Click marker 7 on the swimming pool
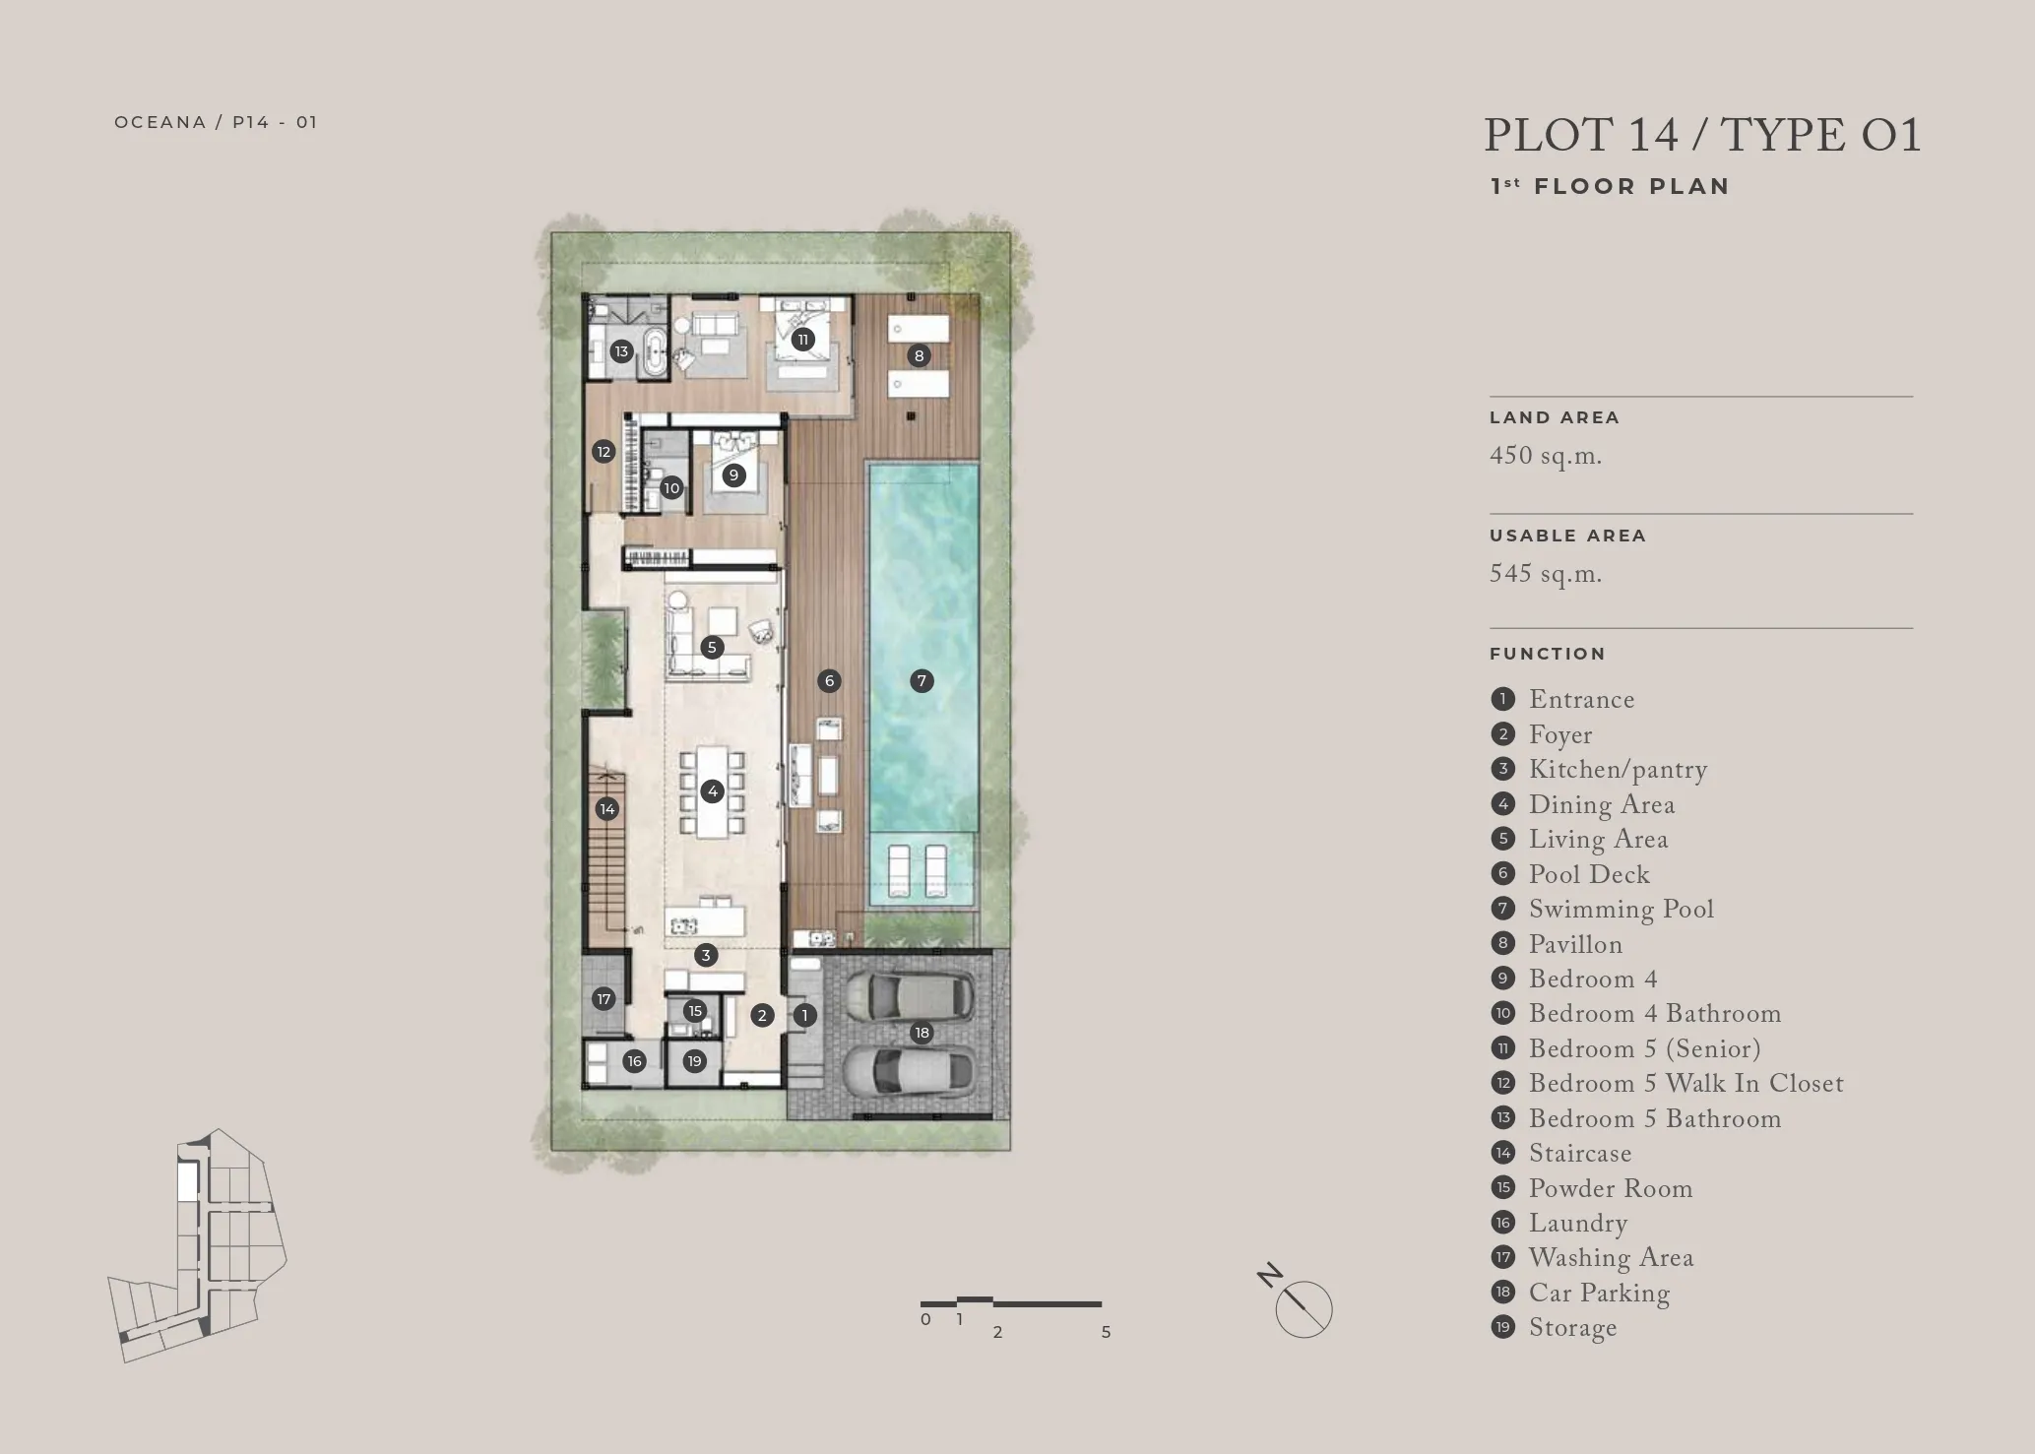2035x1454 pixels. pyautogui.click(x=922, y=680)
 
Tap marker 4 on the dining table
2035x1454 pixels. pyautogui.click(x=713, y=790)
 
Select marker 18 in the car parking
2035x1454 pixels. pyautogui.click(x=922, y=1033)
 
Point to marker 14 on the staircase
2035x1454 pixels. pyautogui.click(x=607, y=809)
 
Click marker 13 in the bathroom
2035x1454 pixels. pyautogui.click(x=621, y=351)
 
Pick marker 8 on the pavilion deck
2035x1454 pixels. pyautogui.click(x=919, y=356)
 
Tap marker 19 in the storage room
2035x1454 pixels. pyautogui.click(x=695, y=1061)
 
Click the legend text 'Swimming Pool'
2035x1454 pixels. pyautogui.click(x=1621, y=910)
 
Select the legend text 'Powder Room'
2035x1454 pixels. pyautogui.click(x=1611, y=1188)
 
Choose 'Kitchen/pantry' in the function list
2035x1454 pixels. pyautogui.click(x=1618, y=770)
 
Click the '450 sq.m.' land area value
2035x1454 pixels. pyautogui.click(x=1546, y=456)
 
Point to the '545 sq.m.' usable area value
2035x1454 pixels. pyautogui.click(x=1546, y=574)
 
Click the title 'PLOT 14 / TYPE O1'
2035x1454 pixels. pyautogui.click(x=1702, y=135)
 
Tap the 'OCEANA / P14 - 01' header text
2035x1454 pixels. pyautogui.click(x=216, y=122)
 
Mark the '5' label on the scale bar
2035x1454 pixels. pyautogui.click(x=1106, y=1332)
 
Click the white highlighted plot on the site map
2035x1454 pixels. pyautogui.click(x=187, y=1180)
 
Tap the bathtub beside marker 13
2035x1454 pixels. pyautogui.click(x=655, y=354)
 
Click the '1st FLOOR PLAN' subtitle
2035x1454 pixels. pyautogui.click(x=1610, y=186)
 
